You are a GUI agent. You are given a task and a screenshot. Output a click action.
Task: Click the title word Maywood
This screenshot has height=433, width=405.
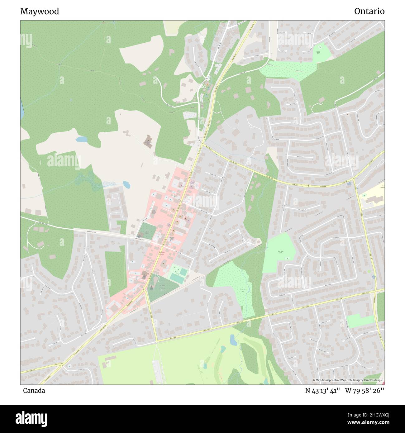pos(40,12)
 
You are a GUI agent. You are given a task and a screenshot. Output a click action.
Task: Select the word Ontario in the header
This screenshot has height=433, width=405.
pos(369,12)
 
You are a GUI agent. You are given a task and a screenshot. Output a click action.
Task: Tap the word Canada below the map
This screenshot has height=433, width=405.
pos(34,391)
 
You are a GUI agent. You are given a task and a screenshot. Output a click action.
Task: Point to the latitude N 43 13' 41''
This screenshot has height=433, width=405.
pos(323,391)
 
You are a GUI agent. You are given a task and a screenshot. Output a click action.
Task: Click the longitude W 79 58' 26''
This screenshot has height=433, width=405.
pos(364,391)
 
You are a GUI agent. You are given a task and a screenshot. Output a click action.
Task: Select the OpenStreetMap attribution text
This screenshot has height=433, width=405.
pos(348,380)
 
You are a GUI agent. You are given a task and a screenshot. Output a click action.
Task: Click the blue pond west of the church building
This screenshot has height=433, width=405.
pos(82,139)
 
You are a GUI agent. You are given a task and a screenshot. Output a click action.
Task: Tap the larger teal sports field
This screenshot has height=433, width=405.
pos(176,278)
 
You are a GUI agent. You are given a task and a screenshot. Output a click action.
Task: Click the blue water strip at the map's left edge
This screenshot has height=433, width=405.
pos(22,109)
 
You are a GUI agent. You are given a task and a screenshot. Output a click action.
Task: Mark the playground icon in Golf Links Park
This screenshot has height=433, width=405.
pos(286,258)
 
